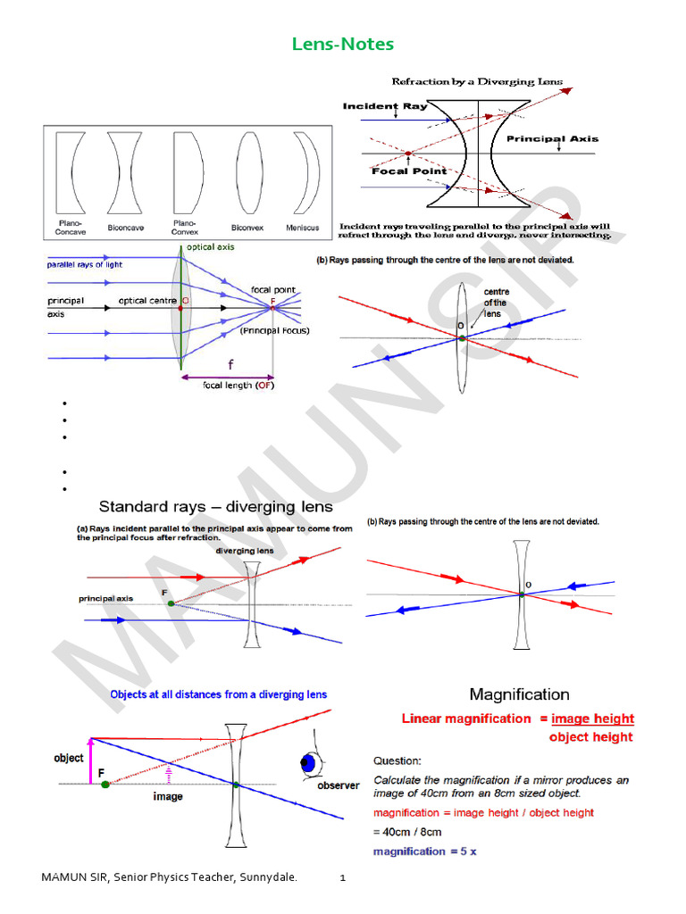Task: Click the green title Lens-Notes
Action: pyautogui.click(x=343, y=44)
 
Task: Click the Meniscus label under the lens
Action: pyautogui.click(x=302, y=228)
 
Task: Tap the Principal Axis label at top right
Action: pyautogui.click(x=552, y=139)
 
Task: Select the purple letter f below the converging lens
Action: pyautogui.click(x=230, y=365)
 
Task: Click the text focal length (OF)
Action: pyautogui.click(x=239, y=386)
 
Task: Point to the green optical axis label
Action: pyautogui.click(x=211, y=247)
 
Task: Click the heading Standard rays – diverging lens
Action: pyautogui.click(x=209, y=507)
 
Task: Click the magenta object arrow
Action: pyautogui.click(x=90, y=759)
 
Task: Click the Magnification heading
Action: pyautogui.click(x=519, y=694)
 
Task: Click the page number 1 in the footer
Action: pyautogui.click(x=342, y=879)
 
